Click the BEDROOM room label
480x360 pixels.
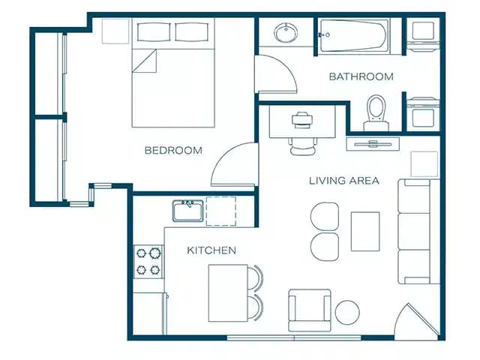173,151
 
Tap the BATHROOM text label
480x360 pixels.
361,76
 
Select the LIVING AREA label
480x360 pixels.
344,181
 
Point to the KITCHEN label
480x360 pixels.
211,250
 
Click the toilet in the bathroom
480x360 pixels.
374,111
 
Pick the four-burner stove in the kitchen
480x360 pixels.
148,262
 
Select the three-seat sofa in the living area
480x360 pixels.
418,232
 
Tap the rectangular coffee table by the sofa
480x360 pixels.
365,232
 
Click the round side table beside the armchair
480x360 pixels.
347,312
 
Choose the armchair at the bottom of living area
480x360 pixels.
308,310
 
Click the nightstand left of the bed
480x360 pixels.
116,30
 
